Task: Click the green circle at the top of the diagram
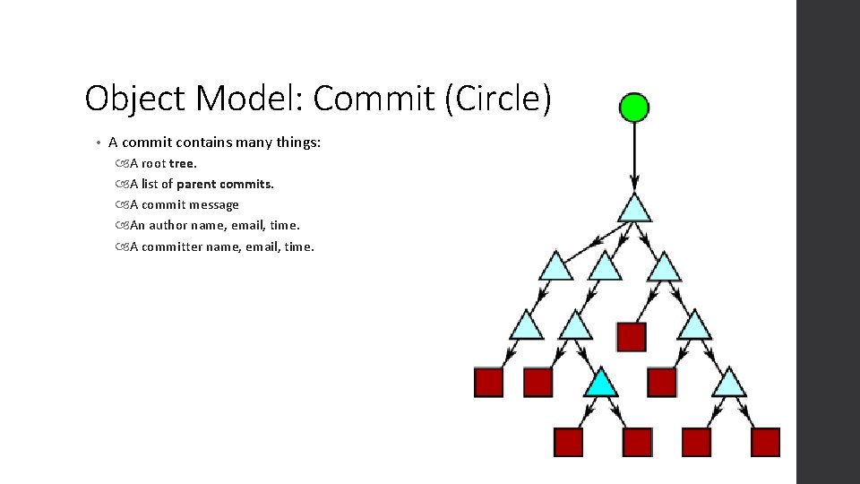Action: click(x=634, y=108)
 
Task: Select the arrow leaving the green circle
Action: click(x=634, y=157)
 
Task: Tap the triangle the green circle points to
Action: click(x=634, y=208)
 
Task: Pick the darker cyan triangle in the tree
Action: click(x=601, y=382)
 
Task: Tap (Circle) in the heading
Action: click(x=497, y=99)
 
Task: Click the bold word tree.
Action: click(x=183, y=163)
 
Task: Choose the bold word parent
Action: click(x=198, y=184)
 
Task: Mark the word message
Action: click(x=215, y=204)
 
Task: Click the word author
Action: click(x=168, y=225)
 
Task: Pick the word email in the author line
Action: click(x=247, y=225)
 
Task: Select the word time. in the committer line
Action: click(x=299, y=246)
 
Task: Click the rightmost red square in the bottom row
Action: click(x=765, y=442)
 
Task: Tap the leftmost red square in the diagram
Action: click(x=488, y=383)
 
